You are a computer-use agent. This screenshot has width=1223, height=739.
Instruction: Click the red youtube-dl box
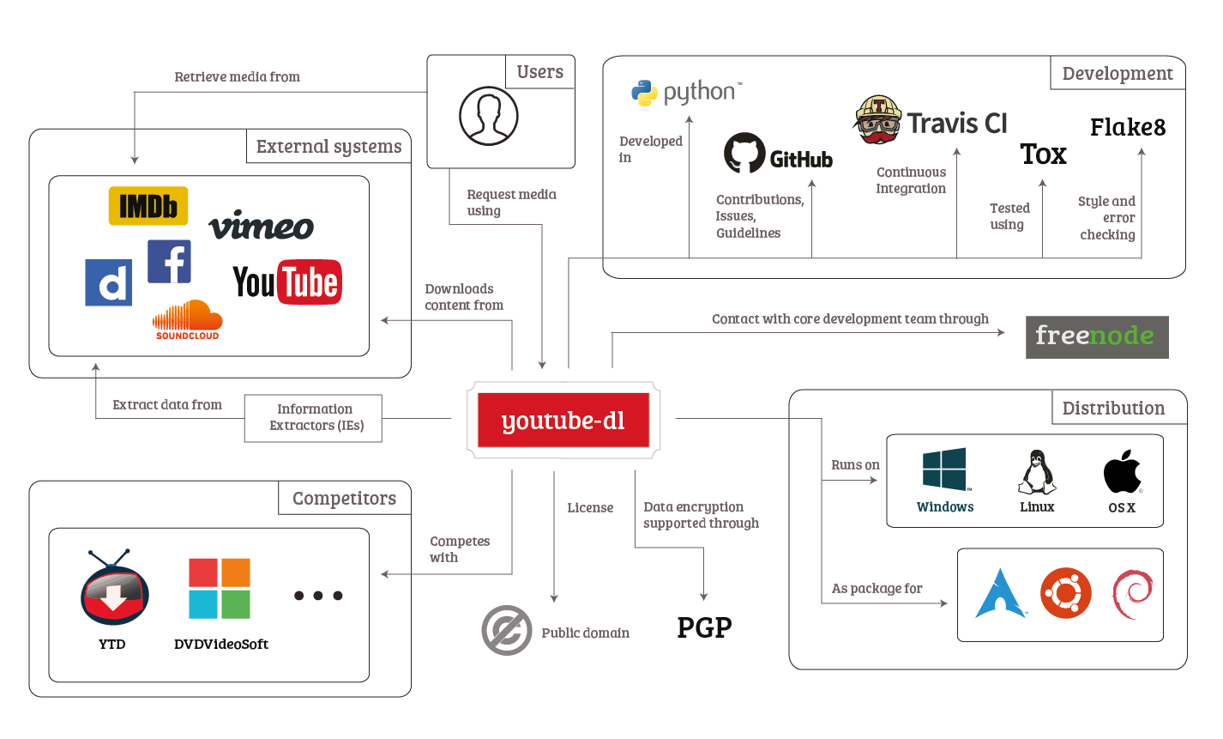[563, 421]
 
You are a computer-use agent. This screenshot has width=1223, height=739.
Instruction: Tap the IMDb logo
[148, 206]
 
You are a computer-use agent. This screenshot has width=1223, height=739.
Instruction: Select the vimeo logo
[262, 225]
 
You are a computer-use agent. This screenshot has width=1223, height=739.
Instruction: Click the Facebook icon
[169, 261]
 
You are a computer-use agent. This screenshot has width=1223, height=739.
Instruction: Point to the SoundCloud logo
[187, 320]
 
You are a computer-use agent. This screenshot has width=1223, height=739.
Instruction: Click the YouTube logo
[286, 282]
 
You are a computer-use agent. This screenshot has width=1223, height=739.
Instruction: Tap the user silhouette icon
[489, 115]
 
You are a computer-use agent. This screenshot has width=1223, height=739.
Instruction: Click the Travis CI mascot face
[878, 120]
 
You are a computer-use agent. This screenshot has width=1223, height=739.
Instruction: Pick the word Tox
[1043, 154]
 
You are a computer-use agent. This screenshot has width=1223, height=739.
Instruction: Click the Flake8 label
[1128, 128]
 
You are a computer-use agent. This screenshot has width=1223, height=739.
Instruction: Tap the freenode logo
[1096, 336]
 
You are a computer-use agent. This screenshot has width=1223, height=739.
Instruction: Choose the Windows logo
[944, 469]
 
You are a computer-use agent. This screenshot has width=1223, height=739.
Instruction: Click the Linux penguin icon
[1037, 473]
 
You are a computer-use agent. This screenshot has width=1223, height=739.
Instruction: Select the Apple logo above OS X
[1122, 471]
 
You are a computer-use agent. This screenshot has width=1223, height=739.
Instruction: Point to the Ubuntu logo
[1066, 593]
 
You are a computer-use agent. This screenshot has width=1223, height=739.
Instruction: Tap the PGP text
[704, 627]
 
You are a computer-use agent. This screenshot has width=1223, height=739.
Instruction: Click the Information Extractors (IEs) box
[313, 418]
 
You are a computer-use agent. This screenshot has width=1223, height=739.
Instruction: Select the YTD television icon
[115, 591]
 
